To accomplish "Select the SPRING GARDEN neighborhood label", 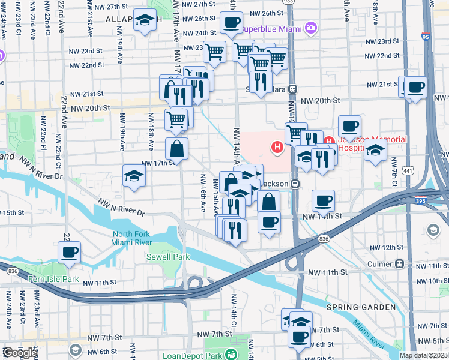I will coord(361,307).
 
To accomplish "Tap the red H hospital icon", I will coord(277,146).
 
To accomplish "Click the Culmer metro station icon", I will coord(399,263).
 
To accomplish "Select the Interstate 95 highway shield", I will coord(426,37).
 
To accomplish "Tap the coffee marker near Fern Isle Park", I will coord(69,253).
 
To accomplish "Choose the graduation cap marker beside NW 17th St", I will coord(134,176).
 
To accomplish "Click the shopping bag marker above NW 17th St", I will coord(177,149).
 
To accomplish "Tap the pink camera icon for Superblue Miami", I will coord(310,27).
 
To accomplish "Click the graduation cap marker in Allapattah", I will coord(144,22).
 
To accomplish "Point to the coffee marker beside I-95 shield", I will coord(415,88).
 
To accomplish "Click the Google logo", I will coord(19,353).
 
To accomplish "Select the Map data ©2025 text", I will coord(423,355).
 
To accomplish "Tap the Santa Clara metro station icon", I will coord(293,89).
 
